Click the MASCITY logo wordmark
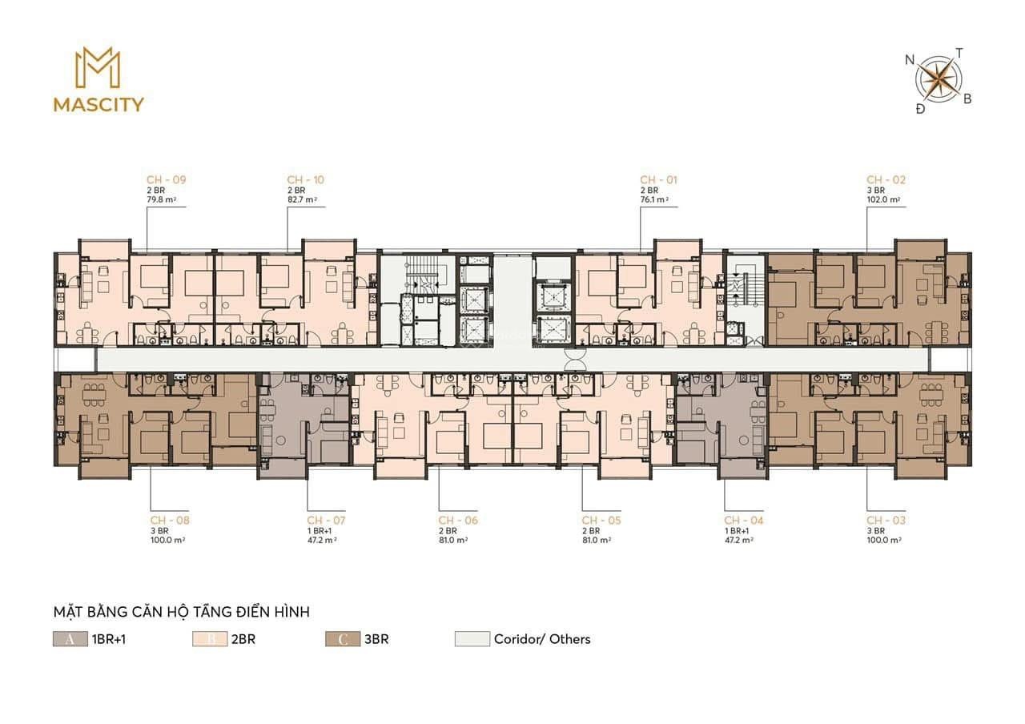point(98,105)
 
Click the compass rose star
point(939,79)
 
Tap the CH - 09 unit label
point(167,180)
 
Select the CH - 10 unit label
point(306,180)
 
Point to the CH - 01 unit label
point(658,180)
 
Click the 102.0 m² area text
point(883,199)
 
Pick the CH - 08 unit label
point(170,521)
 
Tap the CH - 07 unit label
point(326,521)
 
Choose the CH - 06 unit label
point(458,521)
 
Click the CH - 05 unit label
point(601,521)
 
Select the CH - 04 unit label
point(744,521)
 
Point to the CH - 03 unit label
point(886,521)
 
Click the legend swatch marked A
point(70,639)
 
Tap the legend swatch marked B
point(210,639)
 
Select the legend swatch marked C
point(343,639)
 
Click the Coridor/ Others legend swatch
point(472,639)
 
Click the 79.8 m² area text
point(162,199)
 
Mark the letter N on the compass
point(910,60)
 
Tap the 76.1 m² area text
point(654,199)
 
